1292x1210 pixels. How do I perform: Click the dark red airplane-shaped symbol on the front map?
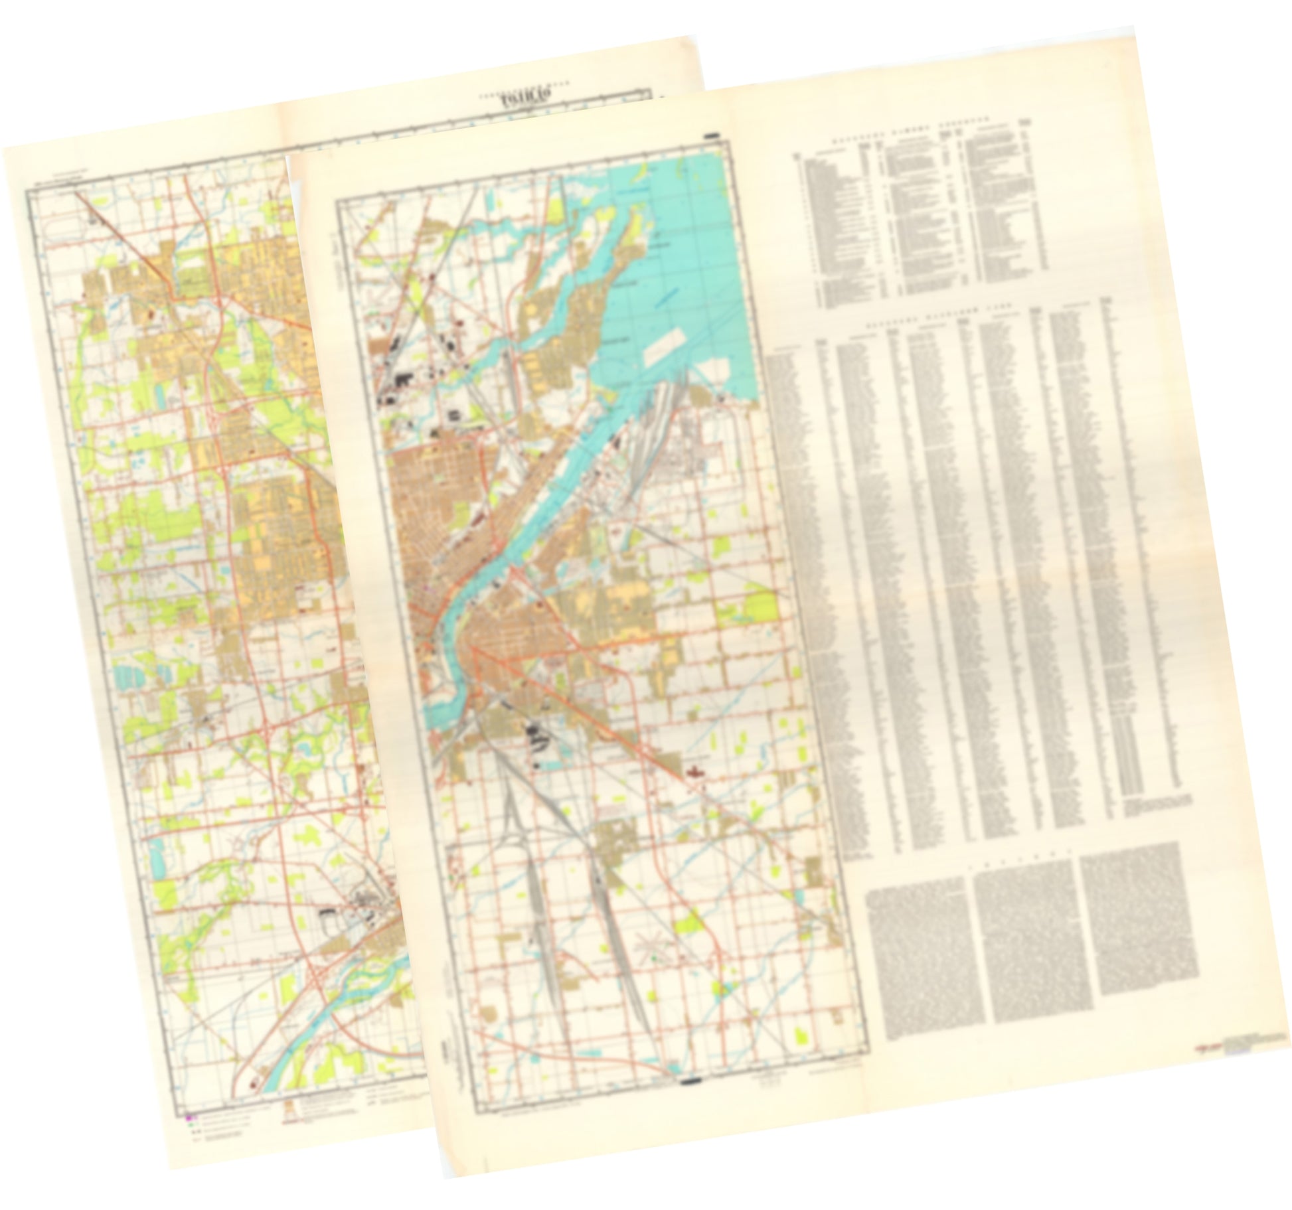tap(696, 771)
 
